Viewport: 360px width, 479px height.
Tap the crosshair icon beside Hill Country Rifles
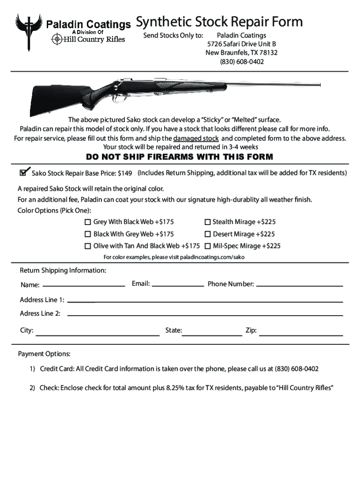pyautogui.click(x=57, y=39)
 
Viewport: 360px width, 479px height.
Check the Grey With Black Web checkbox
pyautogui.click(x=87, y=222)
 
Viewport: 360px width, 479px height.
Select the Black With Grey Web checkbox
pyautogui.click(x=87, y=234)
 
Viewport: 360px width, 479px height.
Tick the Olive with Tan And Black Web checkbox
pyautogui.click(x=87, y=246)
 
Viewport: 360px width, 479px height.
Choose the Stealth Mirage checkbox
pyautogui.click(x=208, y=222)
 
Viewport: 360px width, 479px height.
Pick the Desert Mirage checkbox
pyautogui.click(x=208, y=234)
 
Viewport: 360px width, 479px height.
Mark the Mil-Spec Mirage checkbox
pyautogui.click(x=208, y=246)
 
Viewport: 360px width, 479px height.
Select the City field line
pyautogui.click(x=98, y=334)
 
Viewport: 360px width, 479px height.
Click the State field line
pyautogui.click(x=212, y=334)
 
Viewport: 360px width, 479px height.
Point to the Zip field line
pyautogui.click(x=301, y=334)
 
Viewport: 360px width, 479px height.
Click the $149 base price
pyautogui.click(x=125, y=174)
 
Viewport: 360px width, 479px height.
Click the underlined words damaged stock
pyautogui.click(x=196, y=138)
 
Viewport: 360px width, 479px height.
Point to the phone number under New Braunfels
pyautogui.click(x=241, y=61)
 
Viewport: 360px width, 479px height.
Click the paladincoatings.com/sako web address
pyautogui.click(x=212, y=257)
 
